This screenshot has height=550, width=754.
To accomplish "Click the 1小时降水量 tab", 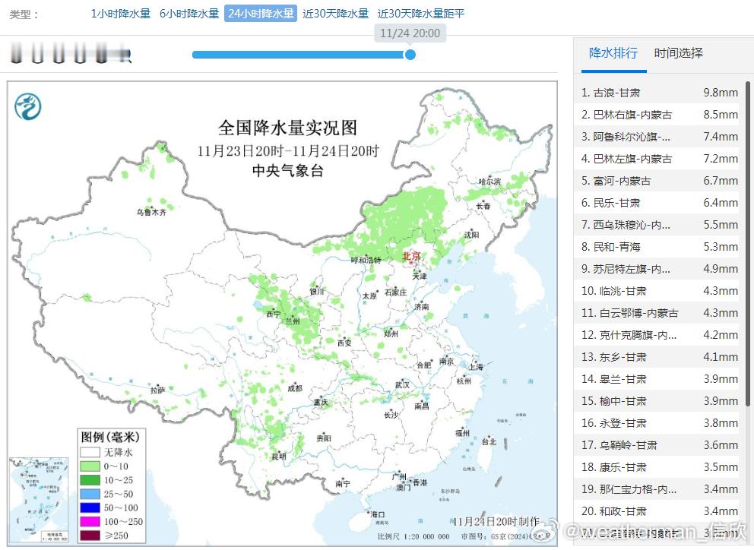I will tap(121, 14).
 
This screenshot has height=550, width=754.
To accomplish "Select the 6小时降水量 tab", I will tap(189, 14).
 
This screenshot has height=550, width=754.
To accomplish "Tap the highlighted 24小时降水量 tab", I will tap(261, 14).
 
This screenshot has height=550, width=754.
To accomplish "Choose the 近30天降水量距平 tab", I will tap(421, 14).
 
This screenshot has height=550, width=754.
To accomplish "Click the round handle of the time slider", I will tap(410, 55).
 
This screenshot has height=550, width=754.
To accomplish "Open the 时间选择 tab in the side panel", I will tap(678, 53).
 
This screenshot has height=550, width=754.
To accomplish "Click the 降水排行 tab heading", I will tap(613, 53).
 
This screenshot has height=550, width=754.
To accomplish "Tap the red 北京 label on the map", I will tap(410, 256).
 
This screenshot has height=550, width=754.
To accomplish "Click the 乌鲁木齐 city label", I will tap(150, 213).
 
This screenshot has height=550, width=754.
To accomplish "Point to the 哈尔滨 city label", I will tap(489, 182).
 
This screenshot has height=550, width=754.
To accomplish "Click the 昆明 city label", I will tap(279, 457).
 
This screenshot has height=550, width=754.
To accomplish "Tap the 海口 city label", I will tap(376, 514).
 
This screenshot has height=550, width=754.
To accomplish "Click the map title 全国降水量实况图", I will tap(287, 127).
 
